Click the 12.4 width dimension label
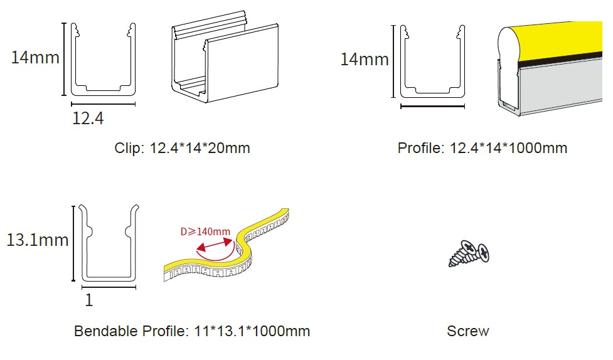(88, 118)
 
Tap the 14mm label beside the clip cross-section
(35, 58)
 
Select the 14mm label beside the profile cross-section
(365, 60)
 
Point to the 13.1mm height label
(38, 240)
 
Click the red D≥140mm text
(205, 232)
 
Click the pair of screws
(469, 254)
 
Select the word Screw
(468, 331)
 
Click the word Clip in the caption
(127, 148)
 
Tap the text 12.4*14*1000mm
(508, 148)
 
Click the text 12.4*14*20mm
(200, 148)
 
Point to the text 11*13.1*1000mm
(252, 331)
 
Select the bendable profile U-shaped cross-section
(109, 278)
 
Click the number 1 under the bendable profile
(89, 300)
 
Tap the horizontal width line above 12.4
(103, 104)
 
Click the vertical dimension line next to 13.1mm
(73, 243)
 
